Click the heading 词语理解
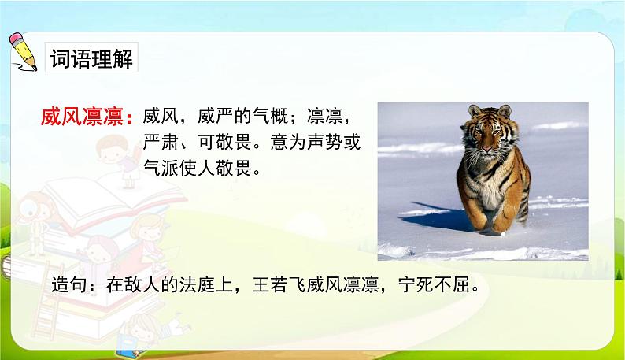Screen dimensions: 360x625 pos(91,60)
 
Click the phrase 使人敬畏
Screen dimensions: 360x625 pos(229,169)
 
